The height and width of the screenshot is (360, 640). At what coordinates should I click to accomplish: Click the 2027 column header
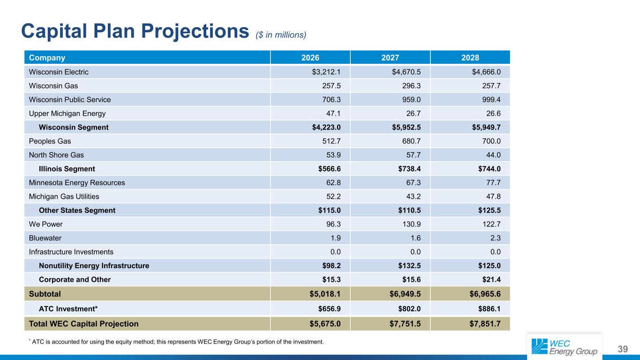(x=390, y=58)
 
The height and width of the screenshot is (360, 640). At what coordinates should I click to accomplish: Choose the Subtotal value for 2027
(x=407, y=294)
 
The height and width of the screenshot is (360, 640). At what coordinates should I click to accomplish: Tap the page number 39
(x=623, y=349)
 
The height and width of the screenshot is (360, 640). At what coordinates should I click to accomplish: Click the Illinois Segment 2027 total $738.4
(x=407, y=169)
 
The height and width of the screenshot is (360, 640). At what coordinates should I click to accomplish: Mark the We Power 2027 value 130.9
(x=411, y=224)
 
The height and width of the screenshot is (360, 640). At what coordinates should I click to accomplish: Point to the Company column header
(x=47, y=58)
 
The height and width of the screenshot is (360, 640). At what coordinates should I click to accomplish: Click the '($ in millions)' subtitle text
(x=281, y=35)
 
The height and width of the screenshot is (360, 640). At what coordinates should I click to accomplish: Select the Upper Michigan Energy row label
(x=67, y=113)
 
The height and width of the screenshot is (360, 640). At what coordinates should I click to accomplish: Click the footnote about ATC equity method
(x=176, y=341)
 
